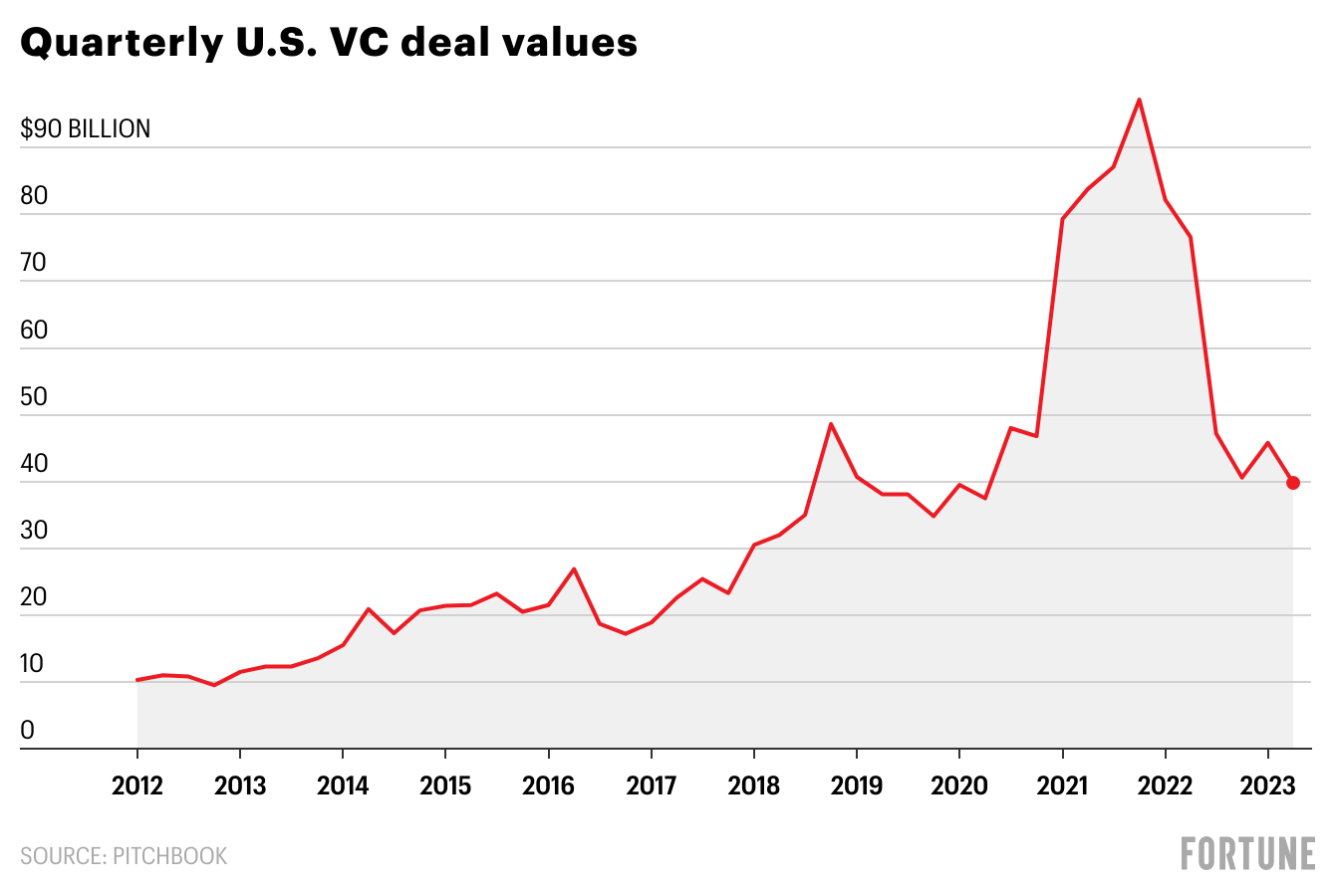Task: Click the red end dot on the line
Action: click(x=1293, y=483)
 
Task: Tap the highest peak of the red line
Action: click(x=1139, y=100)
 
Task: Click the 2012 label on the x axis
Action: click(x=137, y=785)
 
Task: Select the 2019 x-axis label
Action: click(x=856, y=785)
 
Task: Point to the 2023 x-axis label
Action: click(x=1267, y=785)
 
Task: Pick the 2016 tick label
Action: click(x=548, y=785)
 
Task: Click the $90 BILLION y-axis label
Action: click(x=86, y=128)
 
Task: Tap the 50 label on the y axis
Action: click(x=34, y=396)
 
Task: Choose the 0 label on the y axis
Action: click(x=27, y=731)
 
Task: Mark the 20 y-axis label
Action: click(x=34, y=597)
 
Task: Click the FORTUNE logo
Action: click(x=1247, y=854)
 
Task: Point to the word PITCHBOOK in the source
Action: click(x=169, y=856)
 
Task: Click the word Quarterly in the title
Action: click(x=120, y=44)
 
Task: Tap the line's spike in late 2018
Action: click(x=831, y=424)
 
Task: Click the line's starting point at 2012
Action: click(x=137, y=680)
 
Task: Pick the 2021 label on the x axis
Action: click(x=1062, y=785)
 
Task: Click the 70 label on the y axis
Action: click(x=34, y=263)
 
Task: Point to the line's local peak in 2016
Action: click(x=574, y=568)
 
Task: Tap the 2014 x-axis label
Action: click(x=343, y=785)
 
